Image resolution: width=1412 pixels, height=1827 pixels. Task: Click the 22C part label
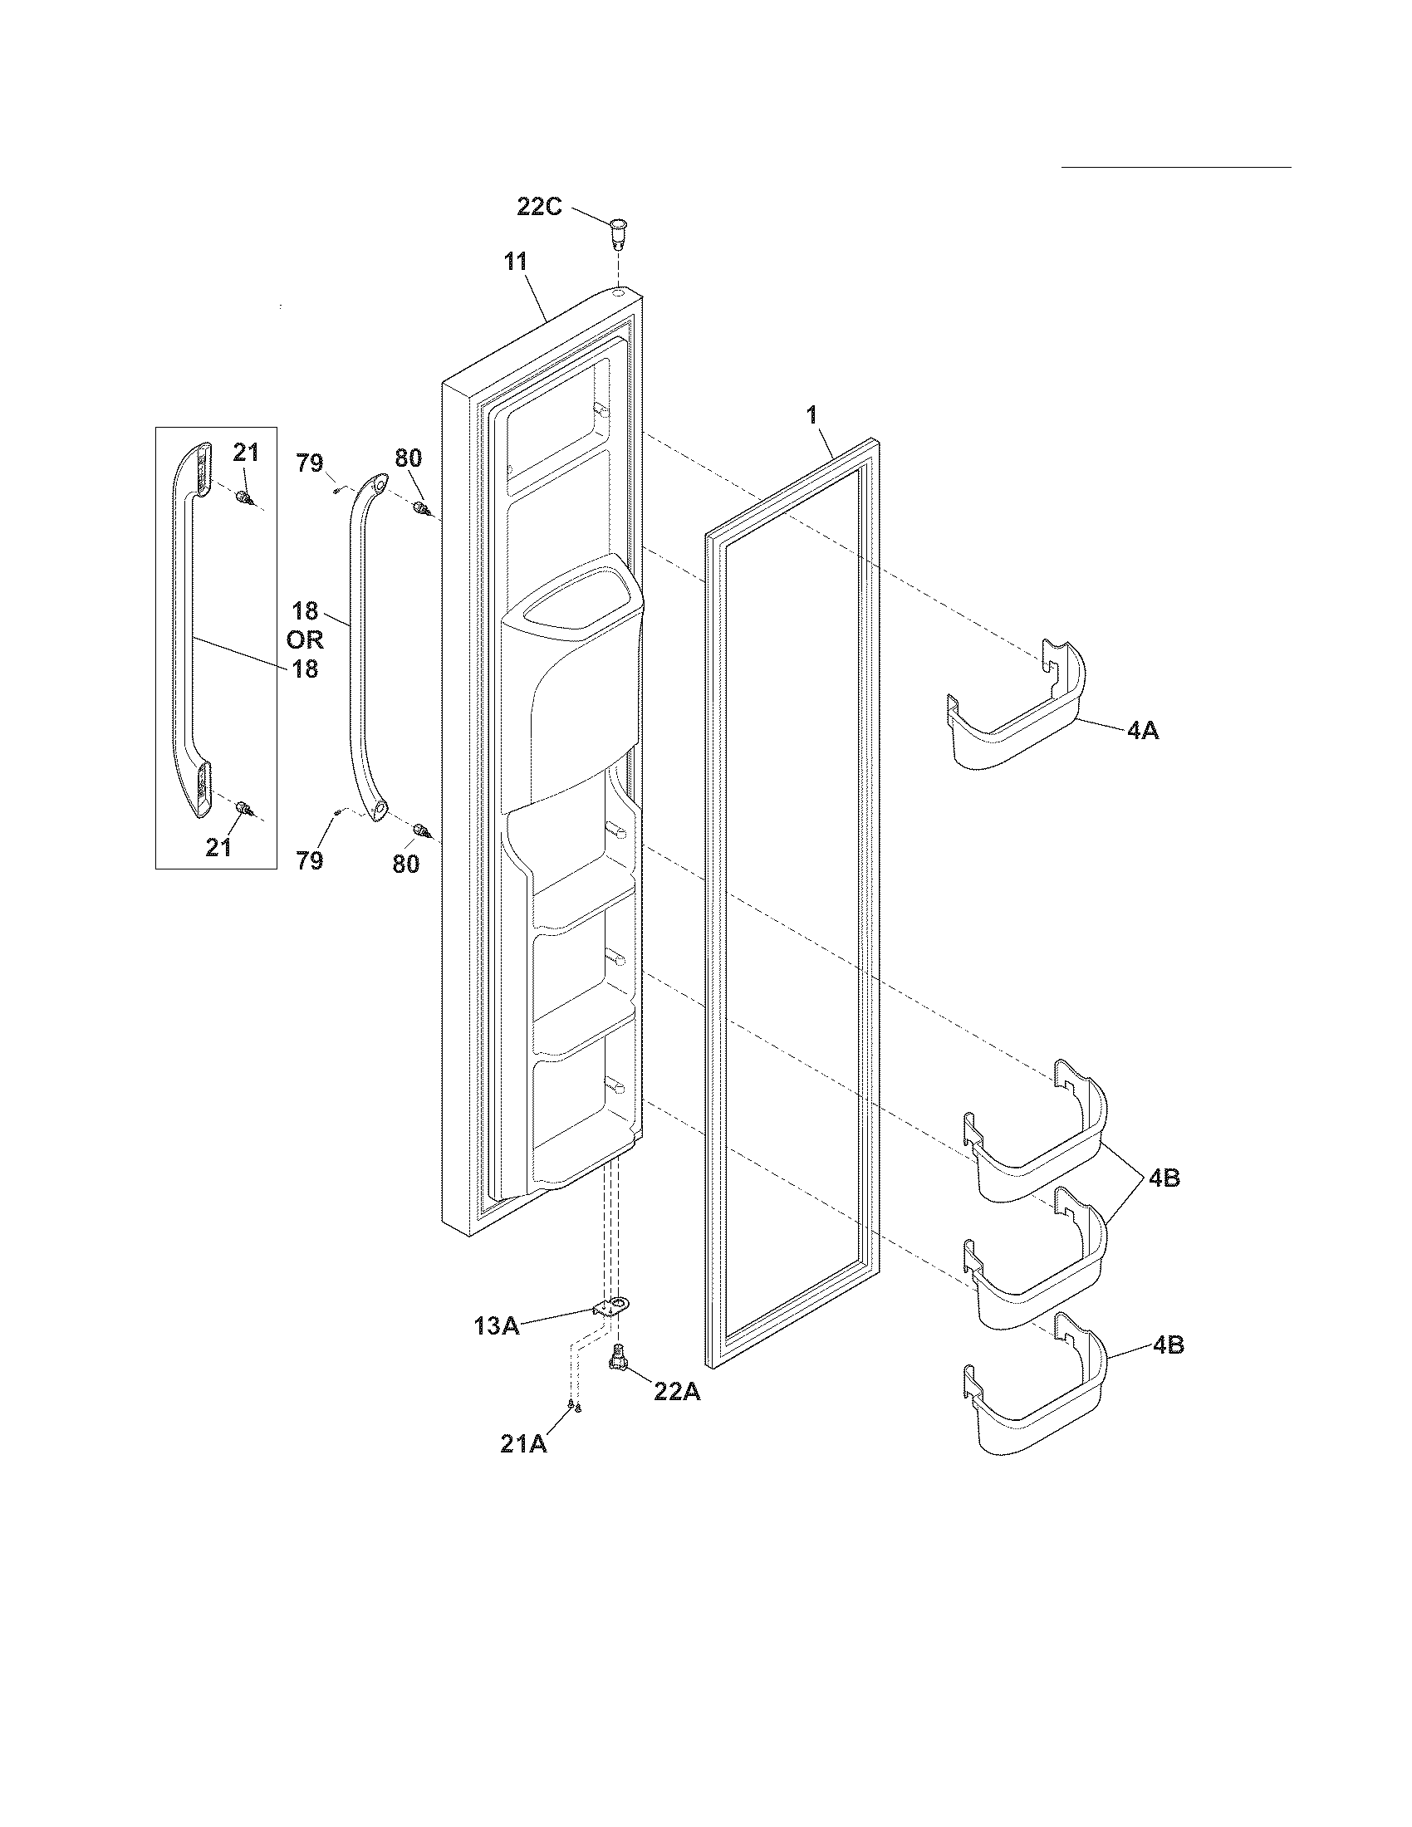(539, 206)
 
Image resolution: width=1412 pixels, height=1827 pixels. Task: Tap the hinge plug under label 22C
(617, 232)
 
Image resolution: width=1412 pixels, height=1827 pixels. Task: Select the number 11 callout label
(515, 261)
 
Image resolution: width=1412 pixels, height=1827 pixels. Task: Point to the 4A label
(1142, 730)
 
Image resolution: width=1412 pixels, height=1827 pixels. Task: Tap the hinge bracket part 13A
(612, 1306)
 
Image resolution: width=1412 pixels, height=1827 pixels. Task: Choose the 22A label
(676, 1393)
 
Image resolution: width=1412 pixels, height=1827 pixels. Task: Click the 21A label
(522, 1445)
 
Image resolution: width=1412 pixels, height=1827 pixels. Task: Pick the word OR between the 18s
(305, 640)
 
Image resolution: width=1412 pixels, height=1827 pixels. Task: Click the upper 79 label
(311, 463)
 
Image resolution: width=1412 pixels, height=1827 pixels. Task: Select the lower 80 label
(405, 864)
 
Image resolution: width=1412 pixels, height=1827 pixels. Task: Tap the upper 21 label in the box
(245, 453)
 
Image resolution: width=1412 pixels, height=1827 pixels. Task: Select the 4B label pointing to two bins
(1164, 1178)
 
